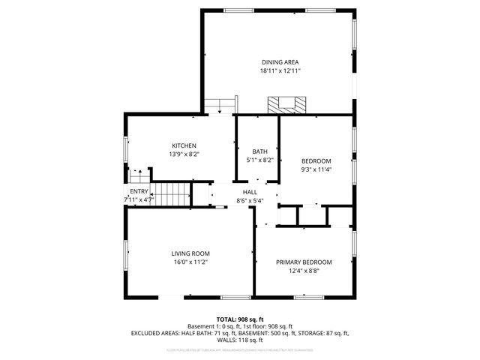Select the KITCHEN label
[x=184, y=145]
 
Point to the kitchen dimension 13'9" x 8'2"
[x=184, y=154]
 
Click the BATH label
[x=259, y=151]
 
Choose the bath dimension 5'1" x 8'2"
[x=259, y=160]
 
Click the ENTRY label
[x=139, y=191]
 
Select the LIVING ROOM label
[x=190, y=253]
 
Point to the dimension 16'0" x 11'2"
[x=190, y=262]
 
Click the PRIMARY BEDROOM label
[x=303, y=262]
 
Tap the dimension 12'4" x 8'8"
[x=303, y=271]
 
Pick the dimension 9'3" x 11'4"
[x=316, y=169]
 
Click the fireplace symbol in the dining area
[x=287, y=104]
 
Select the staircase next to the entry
[x=171, y=194]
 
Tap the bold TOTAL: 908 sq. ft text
[x=240, y=319]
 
